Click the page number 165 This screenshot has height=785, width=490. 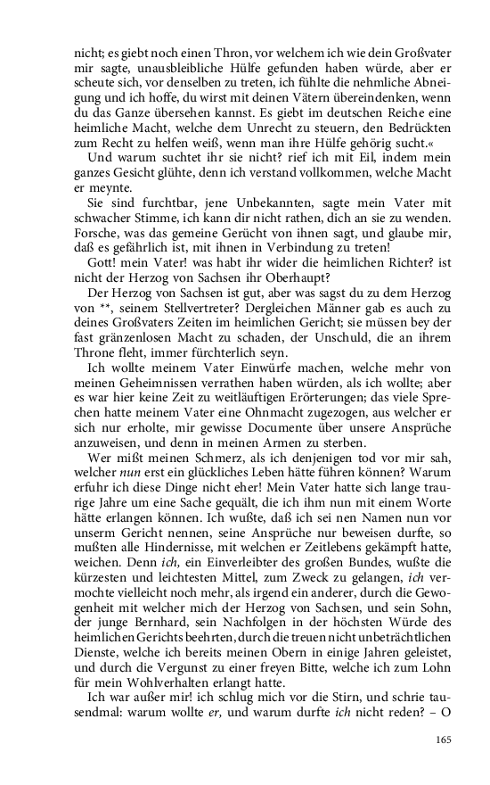click(x=446, y=739)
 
